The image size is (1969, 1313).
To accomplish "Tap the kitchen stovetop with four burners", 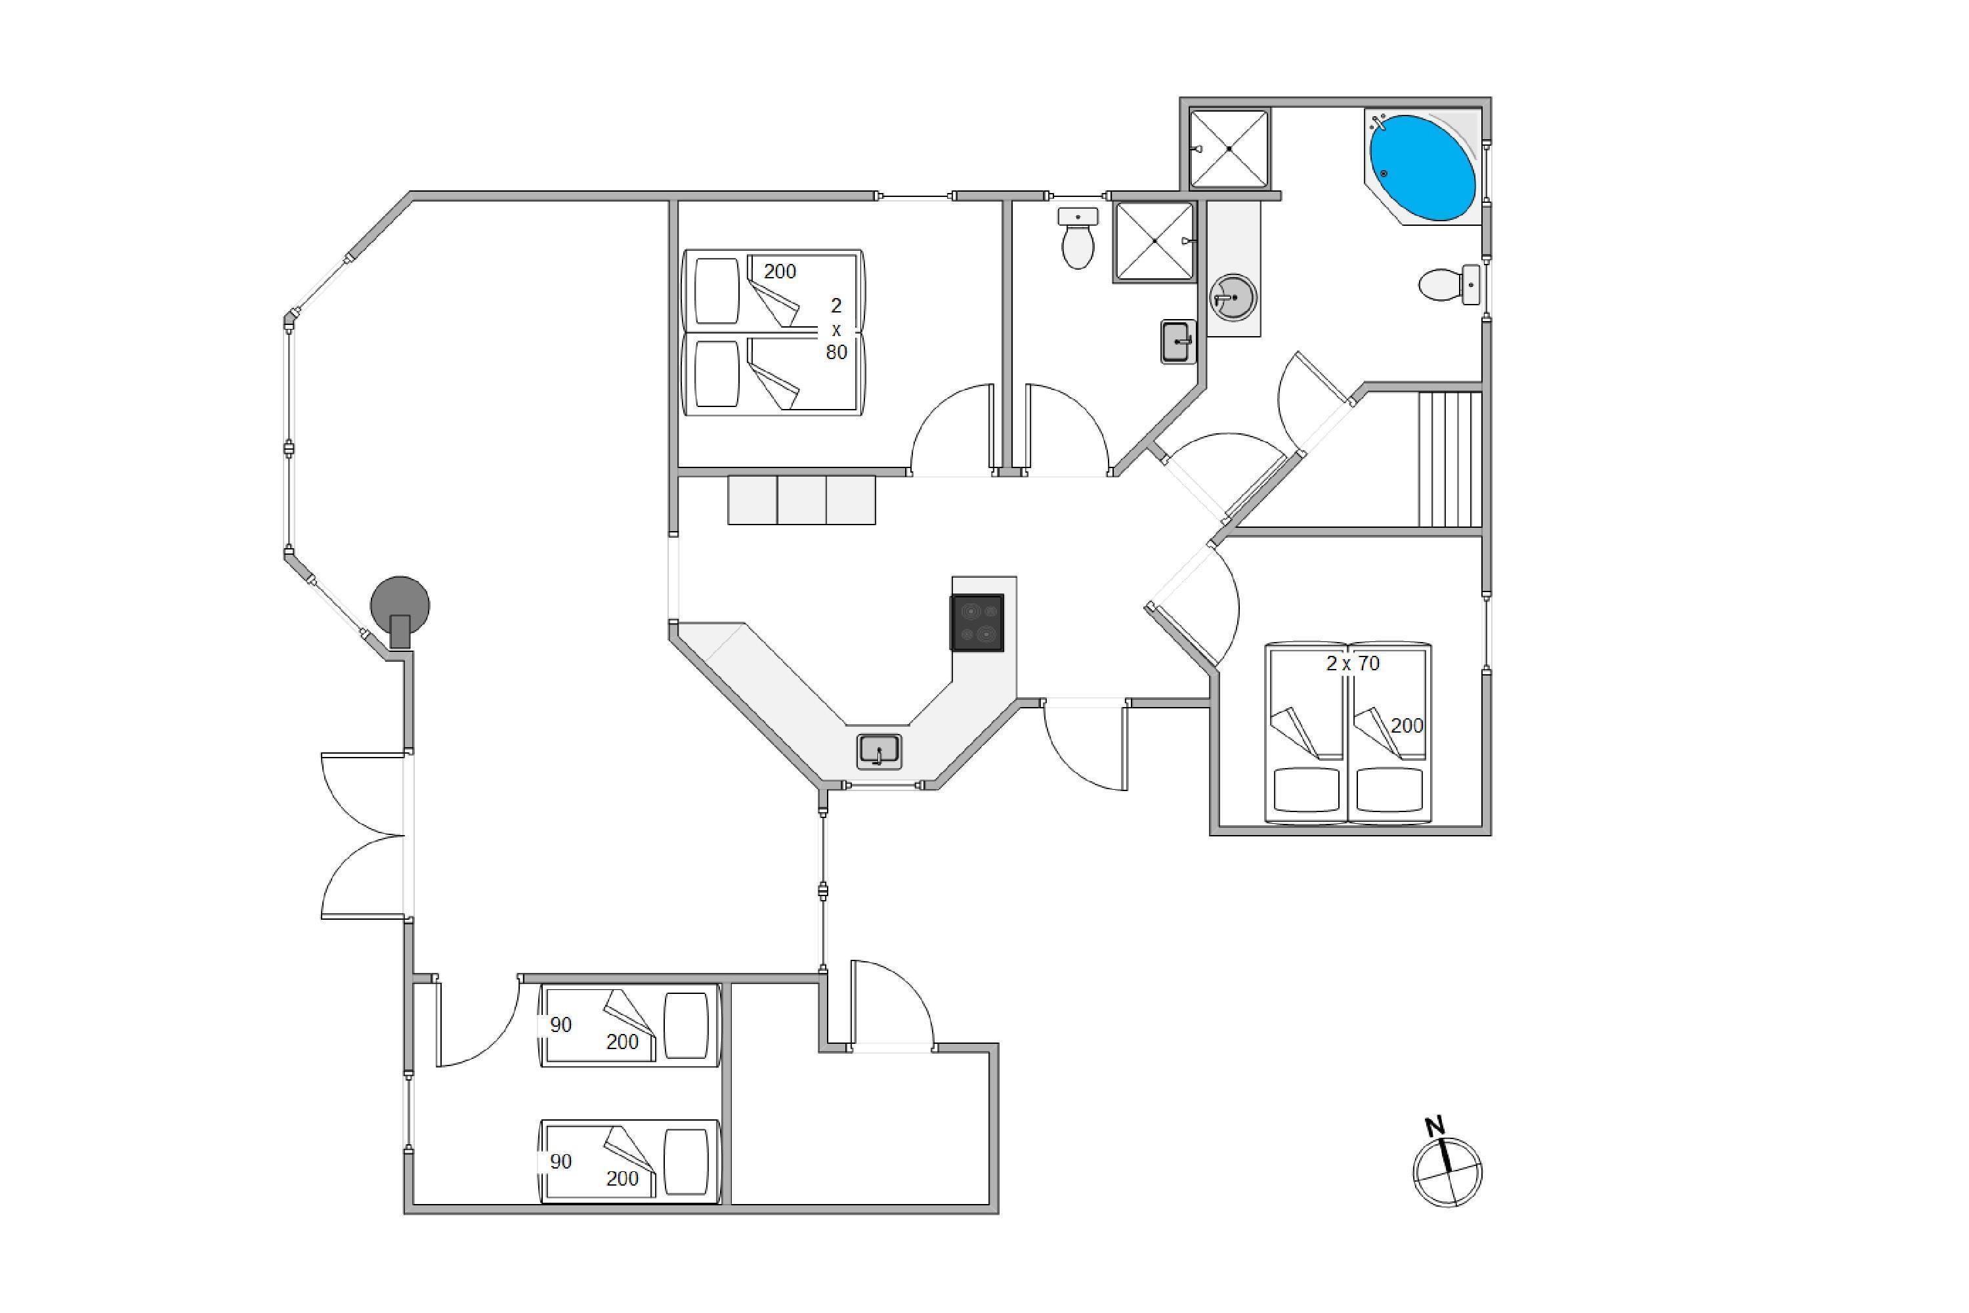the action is click(x=977, y=622).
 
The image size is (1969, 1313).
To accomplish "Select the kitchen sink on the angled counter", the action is click(x=879, y=751).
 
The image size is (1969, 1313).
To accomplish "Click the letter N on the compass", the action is click(x=1435, y=1127).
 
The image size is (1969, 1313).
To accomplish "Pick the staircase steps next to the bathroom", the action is click(x=1450, y=460).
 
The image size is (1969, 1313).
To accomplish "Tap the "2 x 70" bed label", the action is click(x=1353, y=663).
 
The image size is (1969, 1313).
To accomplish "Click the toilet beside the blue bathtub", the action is click(x=1449, y=285).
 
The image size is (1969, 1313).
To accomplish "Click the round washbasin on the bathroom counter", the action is click(x=1233, y=298).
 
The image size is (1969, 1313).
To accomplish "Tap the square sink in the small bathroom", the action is click(x=1179, y=341).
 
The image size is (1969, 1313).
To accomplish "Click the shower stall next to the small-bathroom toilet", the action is click(x=1154, y=241).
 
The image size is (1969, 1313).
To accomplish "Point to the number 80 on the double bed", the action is click(x=836, y=353).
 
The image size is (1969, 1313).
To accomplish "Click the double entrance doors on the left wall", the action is click(x=364, y=836).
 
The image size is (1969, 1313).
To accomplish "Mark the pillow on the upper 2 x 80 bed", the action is click(x=717, y=291).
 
